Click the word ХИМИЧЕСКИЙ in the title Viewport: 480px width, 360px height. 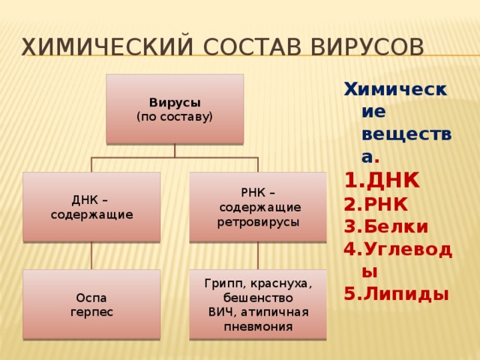coord(107,46)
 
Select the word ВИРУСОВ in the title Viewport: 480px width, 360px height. coord(367,46)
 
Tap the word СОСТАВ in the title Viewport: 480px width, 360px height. coord(252,46)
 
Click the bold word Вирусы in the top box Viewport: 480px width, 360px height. coord(175,103)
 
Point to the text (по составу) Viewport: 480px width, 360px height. coord(175,117)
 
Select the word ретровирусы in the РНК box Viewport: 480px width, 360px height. coord(258,222)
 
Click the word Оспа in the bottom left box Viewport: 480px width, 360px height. coord(91,298)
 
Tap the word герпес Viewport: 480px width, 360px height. coord(91,312)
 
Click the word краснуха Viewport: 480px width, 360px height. coord(281,284)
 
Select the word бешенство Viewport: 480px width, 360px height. coord(258,298)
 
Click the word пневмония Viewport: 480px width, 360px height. coord(258,327)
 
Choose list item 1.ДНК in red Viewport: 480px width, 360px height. coord(382,181)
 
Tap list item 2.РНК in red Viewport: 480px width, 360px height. coord(376,204)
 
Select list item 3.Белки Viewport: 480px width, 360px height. coord(385,226)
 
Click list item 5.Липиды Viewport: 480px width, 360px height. coord(397,294)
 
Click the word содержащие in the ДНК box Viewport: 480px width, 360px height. coord(91,214)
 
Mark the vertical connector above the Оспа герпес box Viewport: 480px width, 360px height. coord(91,256)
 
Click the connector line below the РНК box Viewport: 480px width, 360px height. coord(258,256)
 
